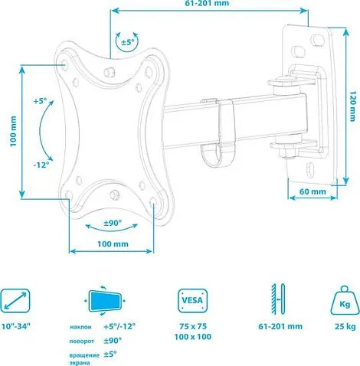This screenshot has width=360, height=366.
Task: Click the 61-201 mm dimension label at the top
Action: coord(207,3)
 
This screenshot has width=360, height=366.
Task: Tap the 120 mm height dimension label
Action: coord(352,106)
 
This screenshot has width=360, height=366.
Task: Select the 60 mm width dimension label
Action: coord(313,191)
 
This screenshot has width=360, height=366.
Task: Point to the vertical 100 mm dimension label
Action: coord(13,131)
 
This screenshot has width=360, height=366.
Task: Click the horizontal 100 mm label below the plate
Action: coord(113,243)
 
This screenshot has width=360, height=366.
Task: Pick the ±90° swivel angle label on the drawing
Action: coord(113,223)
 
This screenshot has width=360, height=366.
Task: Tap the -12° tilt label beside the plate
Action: coord(41,165)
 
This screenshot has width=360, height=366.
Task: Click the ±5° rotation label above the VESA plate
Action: coord(127,42)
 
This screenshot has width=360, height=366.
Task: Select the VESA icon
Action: coord(192,301)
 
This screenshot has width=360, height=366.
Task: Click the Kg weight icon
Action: coord(345,301)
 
